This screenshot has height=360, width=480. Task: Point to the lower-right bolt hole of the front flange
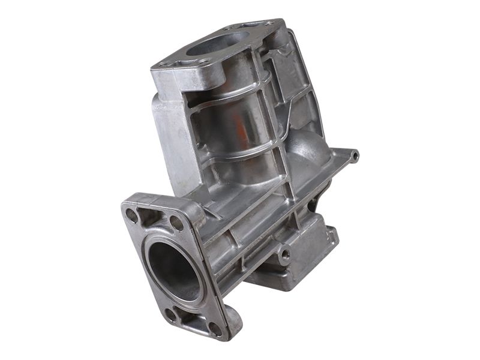click(x=214, y=328)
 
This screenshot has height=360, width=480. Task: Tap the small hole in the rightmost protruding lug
click(x=355, y=156)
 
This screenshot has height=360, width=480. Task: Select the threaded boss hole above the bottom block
click(x=284, y=253)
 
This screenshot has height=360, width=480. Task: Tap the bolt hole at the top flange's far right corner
click(x=268, y=23)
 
